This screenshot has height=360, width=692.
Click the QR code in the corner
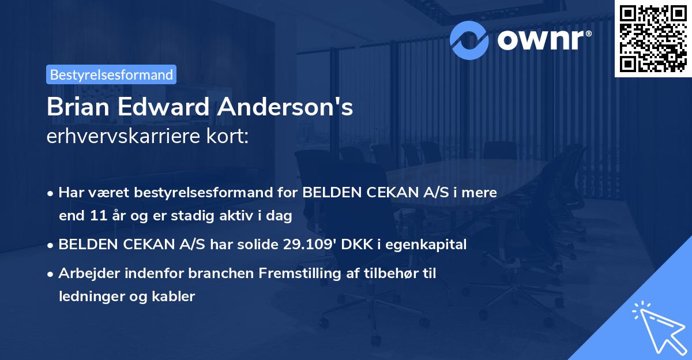(x=653, y=38)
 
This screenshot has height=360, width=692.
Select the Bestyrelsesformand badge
(x=111, y=74)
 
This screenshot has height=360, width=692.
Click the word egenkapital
(x=432, y=245)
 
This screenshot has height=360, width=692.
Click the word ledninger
(x=91, y=297)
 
